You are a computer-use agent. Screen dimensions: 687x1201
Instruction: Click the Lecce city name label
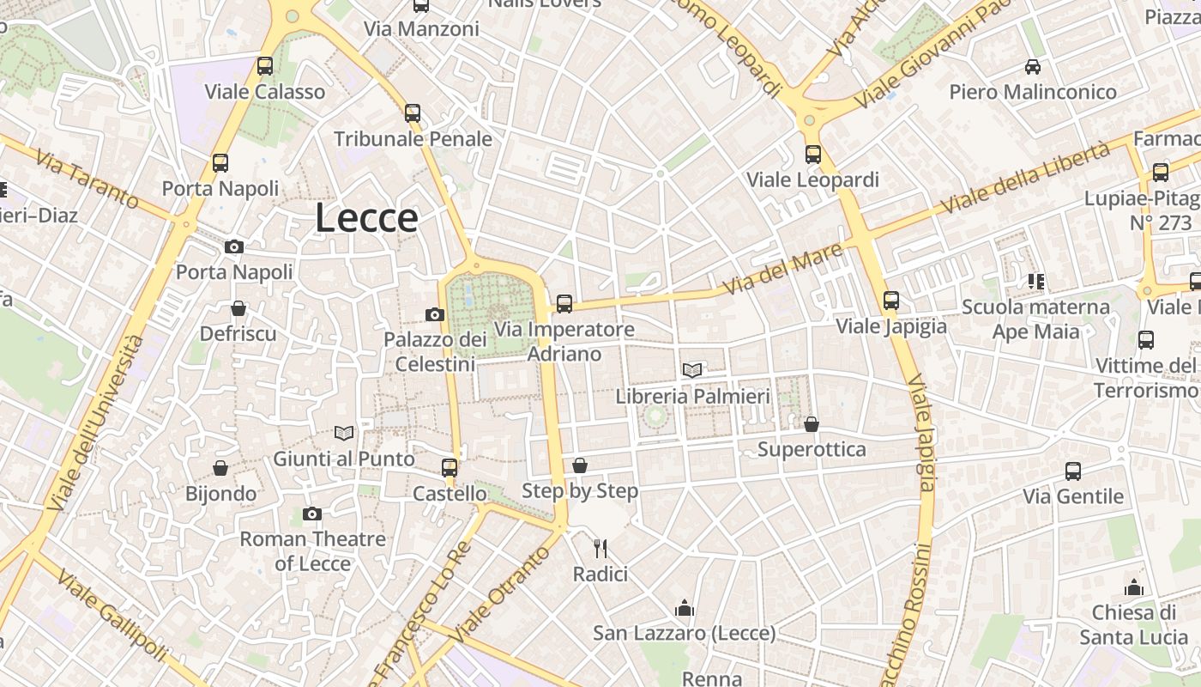[366, 218]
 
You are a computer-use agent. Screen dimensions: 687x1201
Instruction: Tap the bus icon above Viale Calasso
[265, 66]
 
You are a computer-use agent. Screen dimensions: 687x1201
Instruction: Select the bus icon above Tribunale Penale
[413, 112]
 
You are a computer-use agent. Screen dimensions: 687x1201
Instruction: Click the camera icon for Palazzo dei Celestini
[435, 315]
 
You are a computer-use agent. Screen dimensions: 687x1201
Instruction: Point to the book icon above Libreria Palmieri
[692, 370]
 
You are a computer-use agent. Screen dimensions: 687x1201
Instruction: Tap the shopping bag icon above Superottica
[812, 424]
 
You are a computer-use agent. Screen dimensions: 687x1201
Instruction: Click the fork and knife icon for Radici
[600, 548]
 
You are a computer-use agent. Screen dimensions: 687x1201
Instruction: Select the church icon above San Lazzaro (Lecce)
[685, 608]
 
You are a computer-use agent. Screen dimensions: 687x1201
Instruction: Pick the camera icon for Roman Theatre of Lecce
[312, 514]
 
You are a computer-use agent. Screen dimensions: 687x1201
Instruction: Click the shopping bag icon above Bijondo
[220, 468]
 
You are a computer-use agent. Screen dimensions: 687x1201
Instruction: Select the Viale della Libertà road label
[1025, 179]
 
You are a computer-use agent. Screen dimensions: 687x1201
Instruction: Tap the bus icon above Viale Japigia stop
[891, 301]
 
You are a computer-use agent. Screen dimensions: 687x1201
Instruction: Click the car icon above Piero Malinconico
[1033, 66]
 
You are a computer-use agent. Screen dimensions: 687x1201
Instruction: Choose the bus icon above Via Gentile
[1073, 471]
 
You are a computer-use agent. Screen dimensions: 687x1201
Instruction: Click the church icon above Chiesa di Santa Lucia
[1134, 587]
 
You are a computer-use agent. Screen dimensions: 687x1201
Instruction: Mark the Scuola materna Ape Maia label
[1035, 319]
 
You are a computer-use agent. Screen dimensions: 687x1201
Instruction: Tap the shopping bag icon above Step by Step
[580, 465]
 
